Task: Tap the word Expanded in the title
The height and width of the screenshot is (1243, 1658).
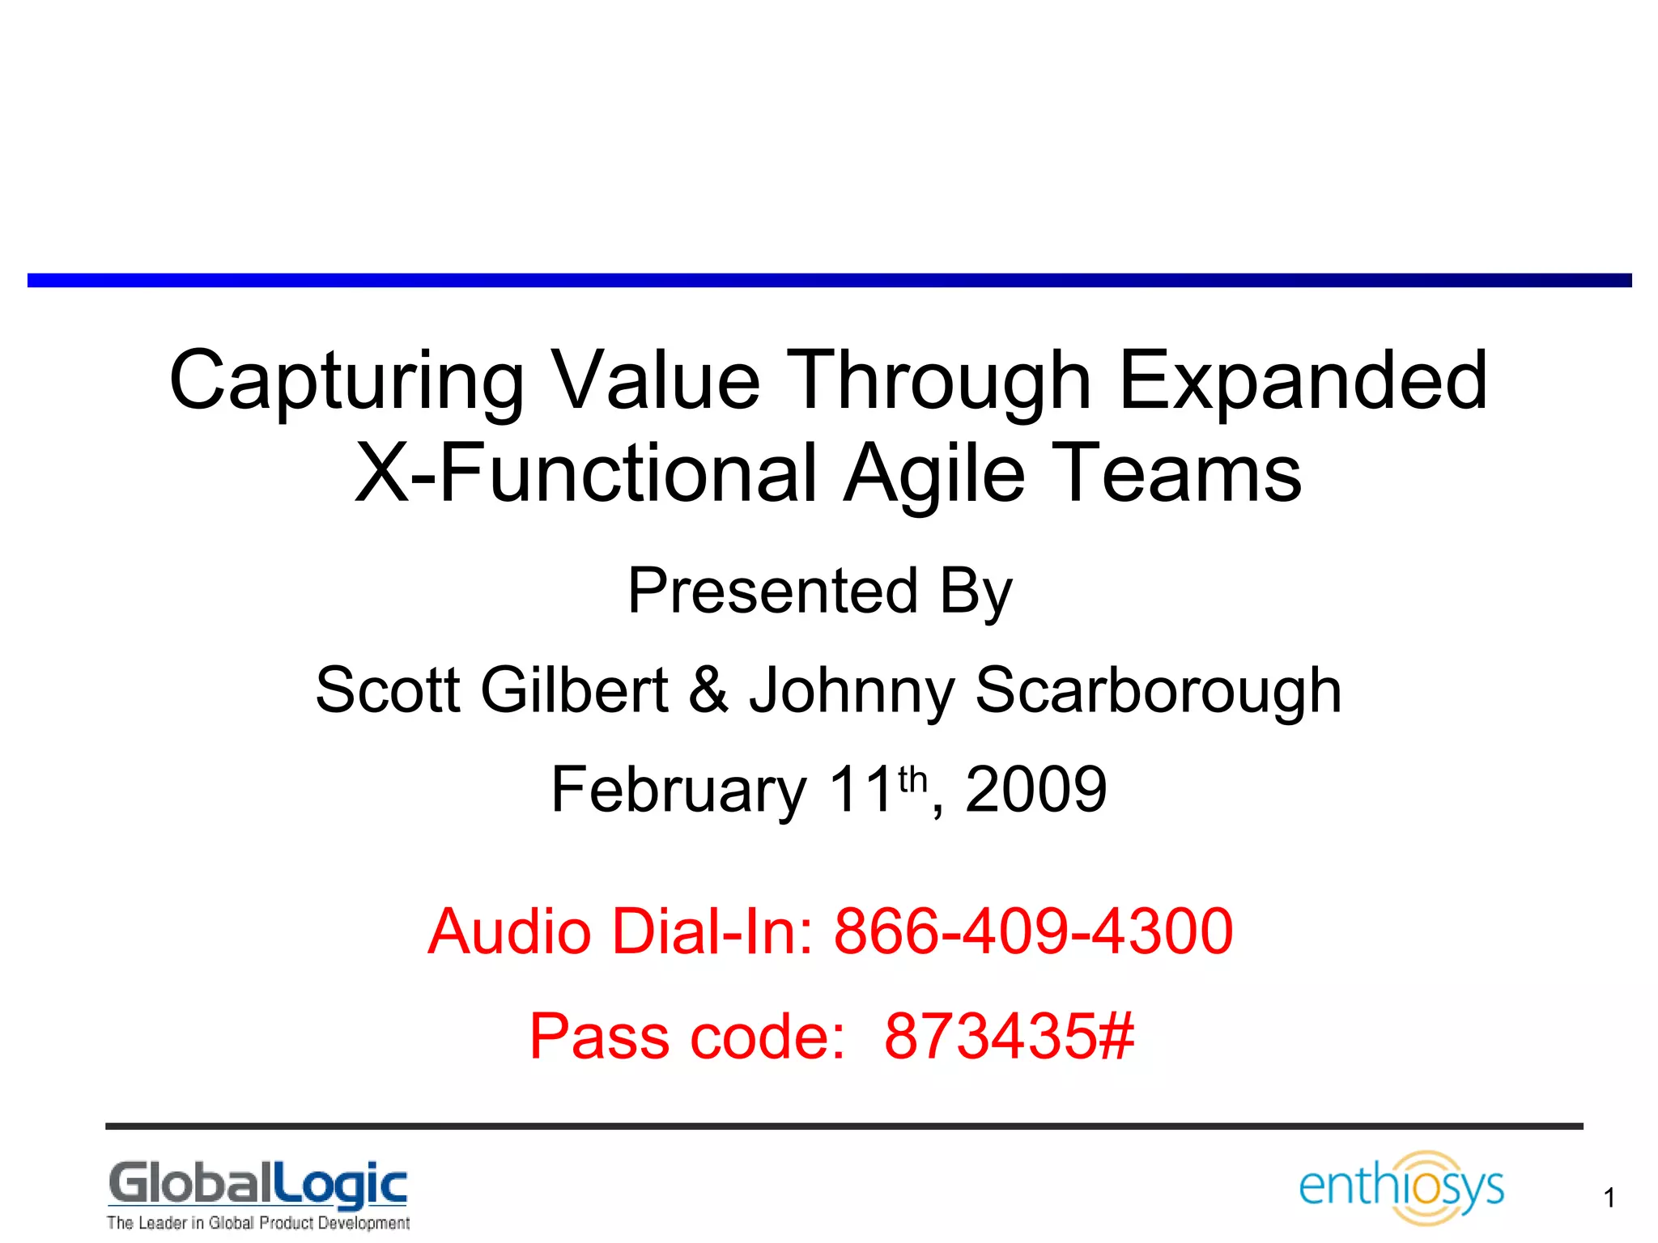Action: point(1303,380)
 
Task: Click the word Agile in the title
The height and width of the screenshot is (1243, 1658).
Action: point(934,474)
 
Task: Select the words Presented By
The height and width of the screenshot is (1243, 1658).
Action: point(820,591)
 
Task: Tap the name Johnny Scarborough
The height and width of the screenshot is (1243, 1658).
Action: point(1045,691)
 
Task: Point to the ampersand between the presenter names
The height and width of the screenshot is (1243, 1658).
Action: point(709,689)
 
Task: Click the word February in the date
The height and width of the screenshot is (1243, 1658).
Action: point(678,790)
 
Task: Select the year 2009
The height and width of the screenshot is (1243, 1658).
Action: point(1035,790)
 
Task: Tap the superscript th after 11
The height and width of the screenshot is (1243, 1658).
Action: point(912,778)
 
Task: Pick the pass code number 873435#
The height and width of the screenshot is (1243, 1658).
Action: point(1009,1036)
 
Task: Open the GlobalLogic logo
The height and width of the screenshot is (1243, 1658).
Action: point(258,1185)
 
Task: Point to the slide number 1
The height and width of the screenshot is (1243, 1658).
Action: point(1609,1198)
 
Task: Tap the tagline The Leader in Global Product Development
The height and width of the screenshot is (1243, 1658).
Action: point(258,1223)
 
